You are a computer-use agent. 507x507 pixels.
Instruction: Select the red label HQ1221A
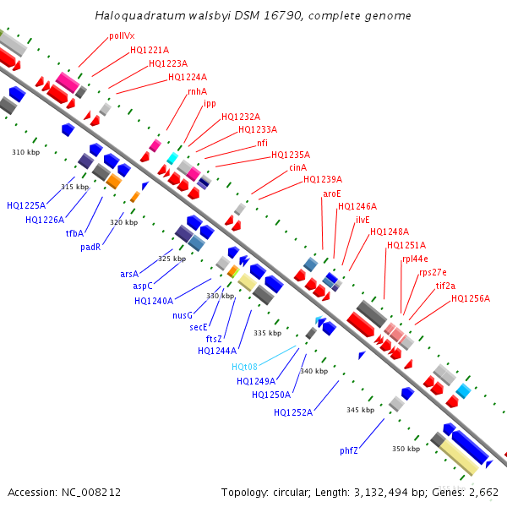(x=149, y=51)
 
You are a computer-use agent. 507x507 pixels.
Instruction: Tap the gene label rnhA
(x=197, y=91)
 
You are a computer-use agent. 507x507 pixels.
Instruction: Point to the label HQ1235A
(x=290, y=155)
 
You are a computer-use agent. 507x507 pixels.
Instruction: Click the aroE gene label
(x=332, y=194)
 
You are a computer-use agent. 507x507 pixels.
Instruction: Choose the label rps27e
(x=433, y=272)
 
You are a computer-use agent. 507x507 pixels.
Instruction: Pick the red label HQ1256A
(x=470, y=298)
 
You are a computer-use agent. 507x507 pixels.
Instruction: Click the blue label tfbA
(x=75, y=233)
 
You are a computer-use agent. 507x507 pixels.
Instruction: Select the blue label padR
(x=90, y=248)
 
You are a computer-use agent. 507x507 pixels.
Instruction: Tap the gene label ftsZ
(x=214, y=339)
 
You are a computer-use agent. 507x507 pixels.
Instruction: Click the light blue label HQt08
(x=244, y=367)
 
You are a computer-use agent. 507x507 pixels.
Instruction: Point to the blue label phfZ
(x=349, y=450)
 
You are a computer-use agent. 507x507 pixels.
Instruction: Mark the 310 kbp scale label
(x=25, y=153)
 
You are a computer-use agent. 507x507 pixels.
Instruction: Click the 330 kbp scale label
(x=220, y=296)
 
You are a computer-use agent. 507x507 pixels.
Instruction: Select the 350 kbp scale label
(x=406, y=449)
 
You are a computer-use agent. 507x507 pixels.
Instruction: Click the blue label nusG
(x=183, y=315)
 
